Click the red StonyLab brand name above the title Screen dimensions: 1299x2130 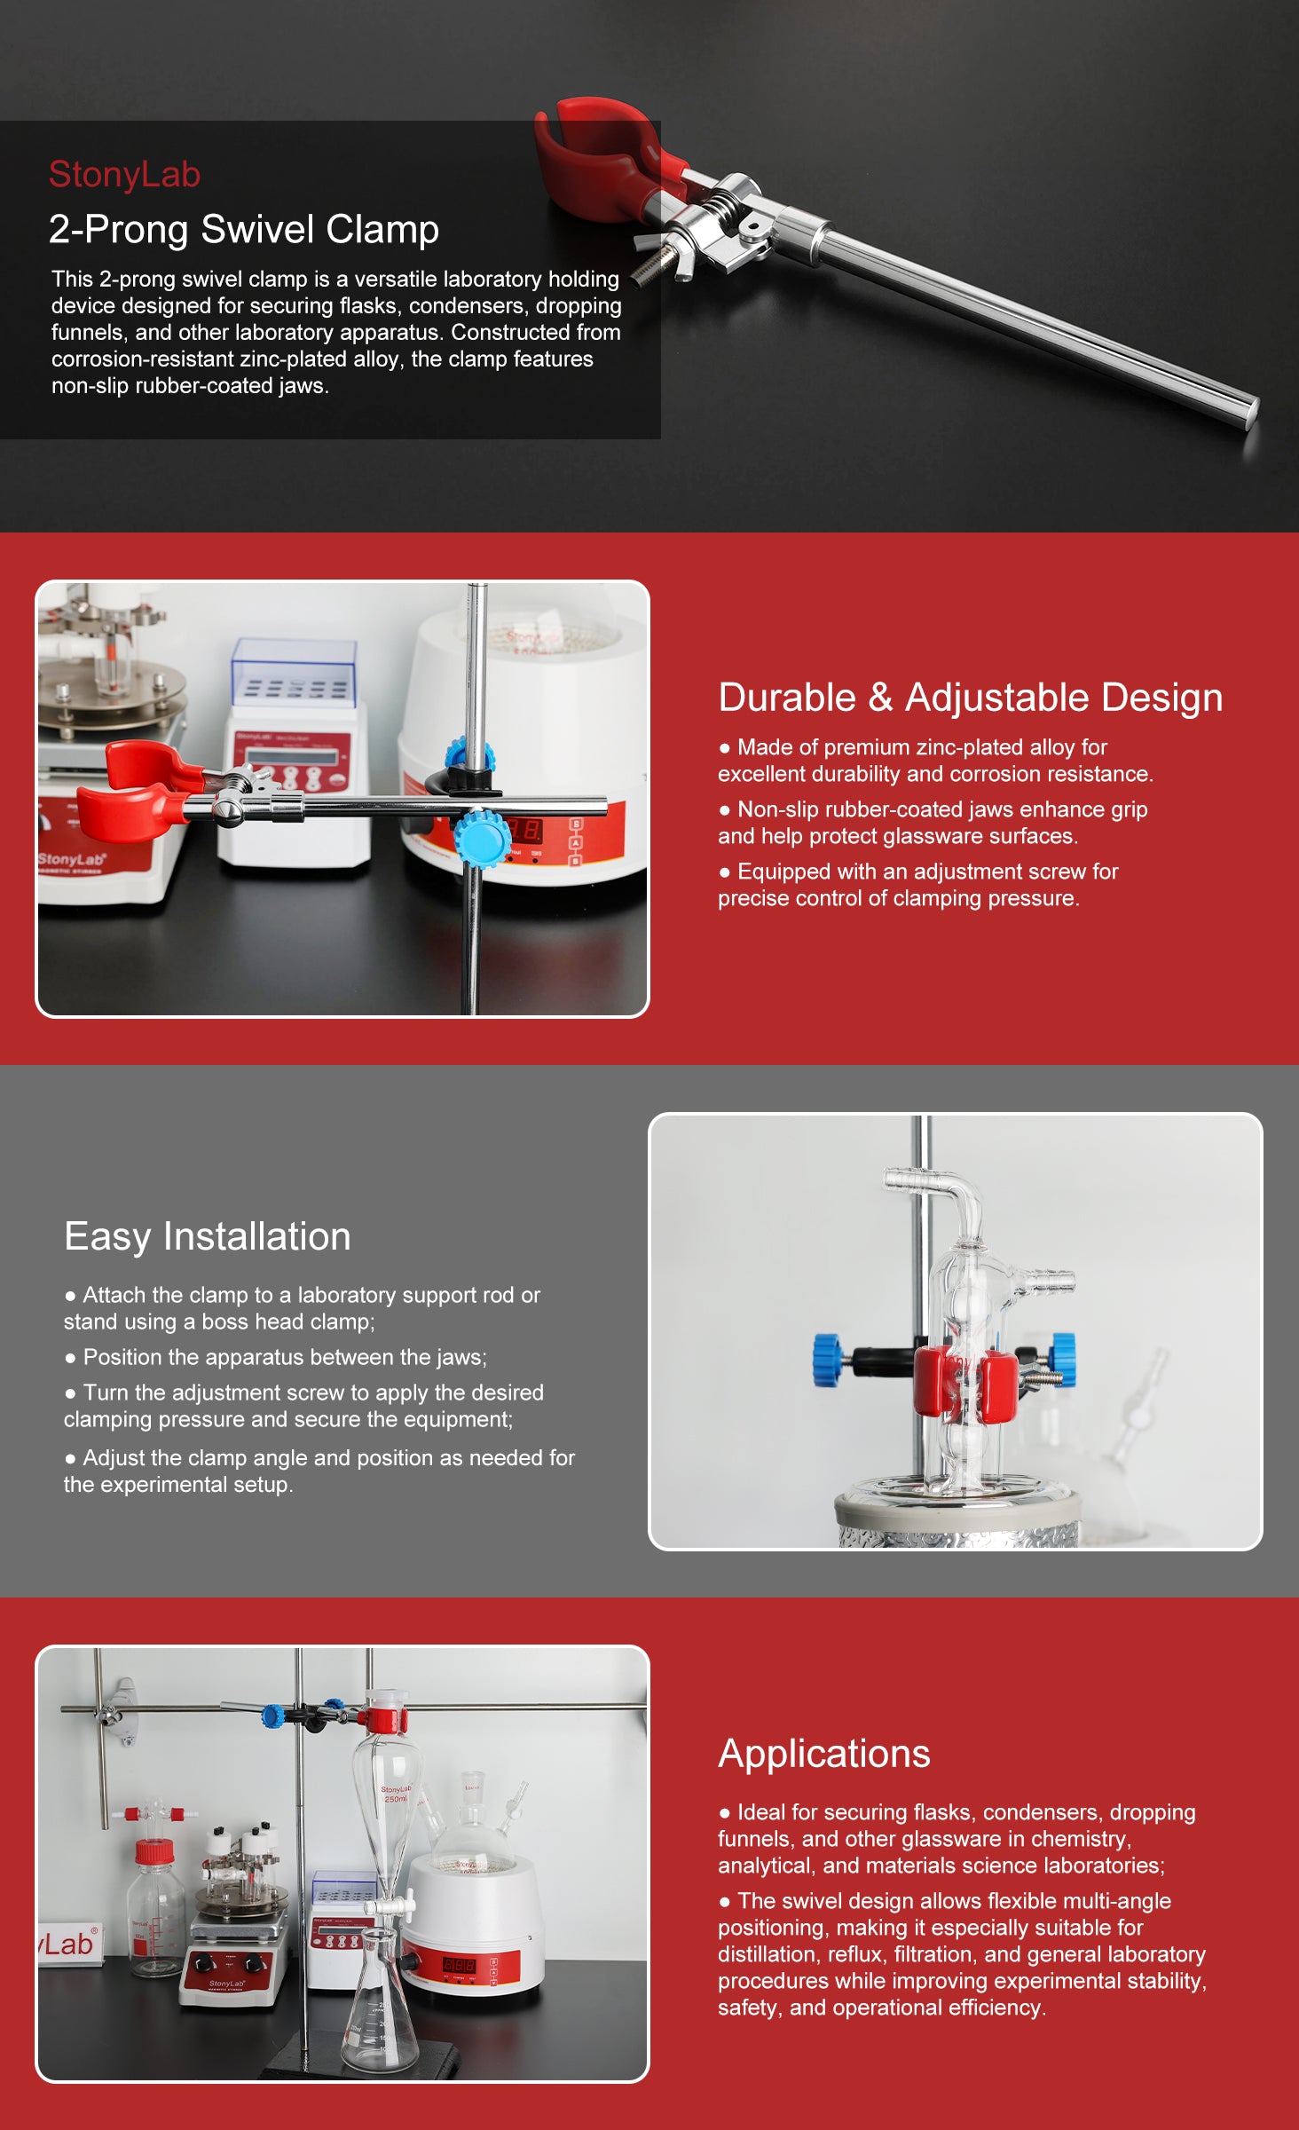124,175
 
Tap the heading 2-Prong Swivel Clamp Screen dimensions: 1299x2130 244,229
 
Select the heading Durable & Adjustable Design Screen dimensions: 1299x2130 971,698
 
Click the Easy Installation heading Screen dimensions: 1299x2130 208,1237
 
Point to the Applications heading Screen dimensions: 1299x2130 824,1755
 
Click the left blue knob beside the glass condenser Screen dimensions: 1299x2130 828,1360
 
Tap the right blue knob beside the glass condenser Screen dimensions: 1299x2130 1062,1358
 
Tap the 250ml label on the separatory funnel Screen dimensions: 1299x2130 396,1799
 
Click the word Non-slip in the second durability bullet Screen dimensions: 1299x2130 778,809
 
